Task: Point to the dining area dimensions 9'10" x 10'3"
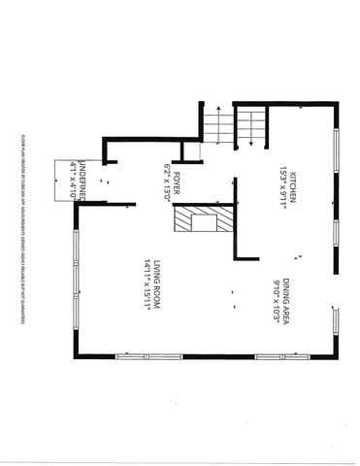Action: [x=279, y=290]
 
